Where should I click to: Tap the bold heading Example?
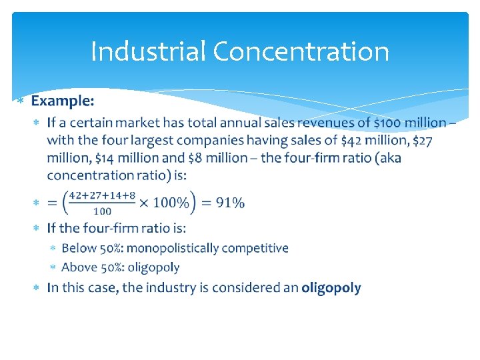pos(63,101)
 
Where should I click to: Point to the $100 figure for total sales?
pos(387,123)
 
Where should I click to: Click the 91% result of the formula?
pos(229,203)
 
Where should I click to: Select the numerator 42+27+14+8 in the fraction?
pos(102,195)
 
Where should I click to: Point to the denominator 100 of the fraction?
pos(102,211)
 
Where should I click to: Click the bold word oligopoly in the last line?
pos(331,288)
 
